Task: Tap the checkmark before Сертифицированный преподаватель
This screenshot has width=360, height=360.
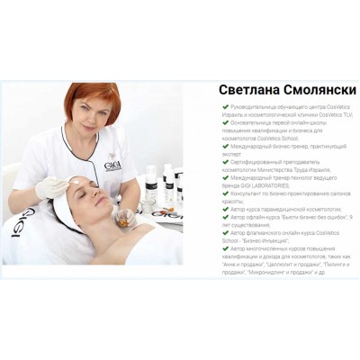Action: [x=225, y=161]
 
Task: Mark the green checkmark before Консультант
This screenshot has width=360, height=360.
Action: [x=225, y=192]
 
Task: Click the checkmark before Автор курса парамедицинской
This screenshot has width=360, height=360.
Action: [x=225, y=207]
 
